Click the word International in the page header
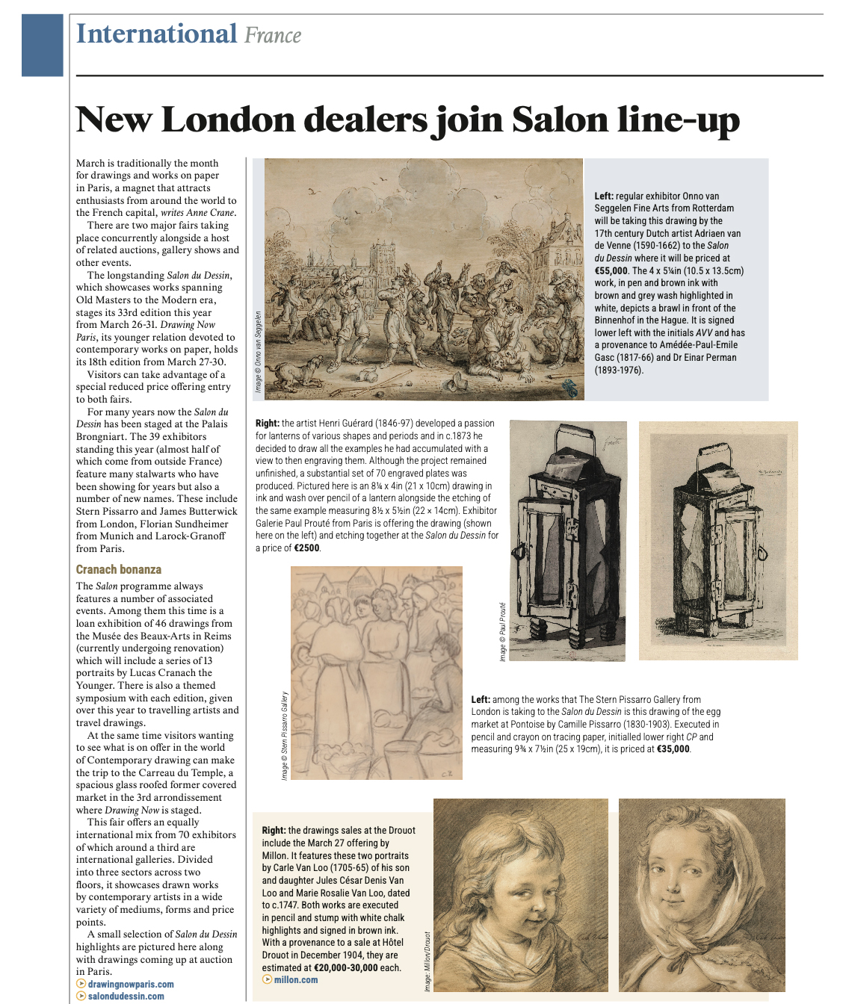pos(156,34)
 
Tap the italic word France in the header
pos(273,36)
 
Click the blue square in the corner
pos(43,45)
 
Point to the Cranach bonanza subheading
pos(119,569)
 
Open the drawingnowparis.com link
pos(131,985)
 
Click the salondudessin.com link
pos(126,996)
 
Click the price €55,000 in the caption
pos(611,270)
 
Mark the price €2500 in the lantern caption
pos(306,548)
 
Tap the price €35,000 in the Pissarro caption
pos(673,749)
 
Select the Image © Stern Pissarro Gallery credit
pos(285,736)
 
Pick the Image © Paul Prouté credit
pos(503,631)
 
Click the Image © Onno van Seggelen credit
pos(259,351)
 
